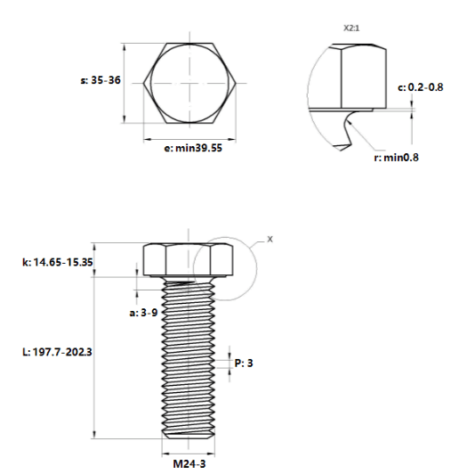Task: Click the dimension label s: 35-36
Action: click(x=101, y=80)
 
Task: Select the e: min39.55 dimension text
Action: click(x=193, y=148)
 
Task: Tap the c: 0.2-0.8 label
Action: click(x=421, y=87)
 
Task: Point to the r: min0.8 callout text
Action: click(x=396, y=158)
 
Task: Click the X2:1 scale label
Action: click(x=351, y=29)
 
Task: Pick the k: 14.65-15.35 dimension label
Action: click(x=57, y=262)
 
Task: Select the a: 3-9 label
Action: click(x=143, y=313)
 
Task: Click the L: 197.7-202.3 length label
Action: click(x=57, y=352)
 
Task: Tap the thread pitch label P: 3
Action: click(x=244, y=363)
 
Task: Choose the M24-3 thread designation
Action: click(x=189, y=463)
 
